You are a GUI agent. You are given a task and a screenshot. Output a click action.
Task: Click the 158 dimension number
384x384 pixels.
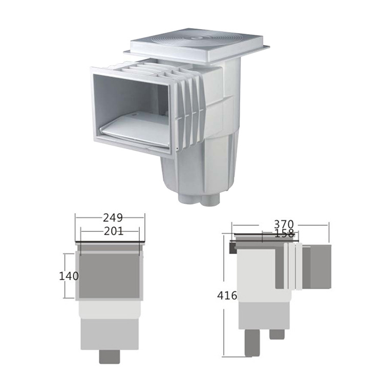284,233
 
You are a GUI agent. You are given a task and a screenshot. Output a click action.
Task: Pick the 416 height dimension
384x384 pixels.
227,295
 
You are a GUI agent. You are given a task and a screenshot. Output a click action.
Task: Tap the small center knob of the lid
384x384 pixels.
196,37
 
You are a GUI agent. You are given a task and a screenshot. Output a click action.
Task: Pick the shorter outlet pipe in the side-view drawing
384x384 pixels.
276,334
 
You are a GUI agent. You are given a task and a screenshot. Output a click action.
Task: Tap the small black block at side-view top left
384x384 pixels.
232,248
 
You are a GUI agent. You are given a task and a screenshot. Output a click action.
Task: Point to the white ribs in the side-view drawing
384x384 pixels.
293,266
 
